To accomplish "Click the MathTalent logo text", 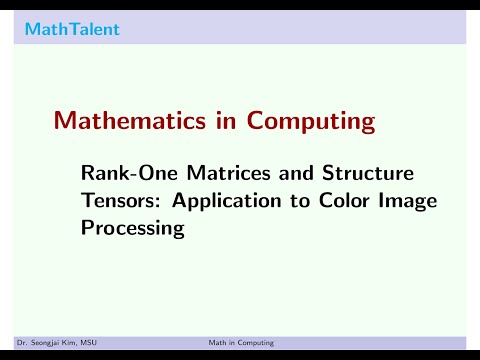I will tap(72, 29).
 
